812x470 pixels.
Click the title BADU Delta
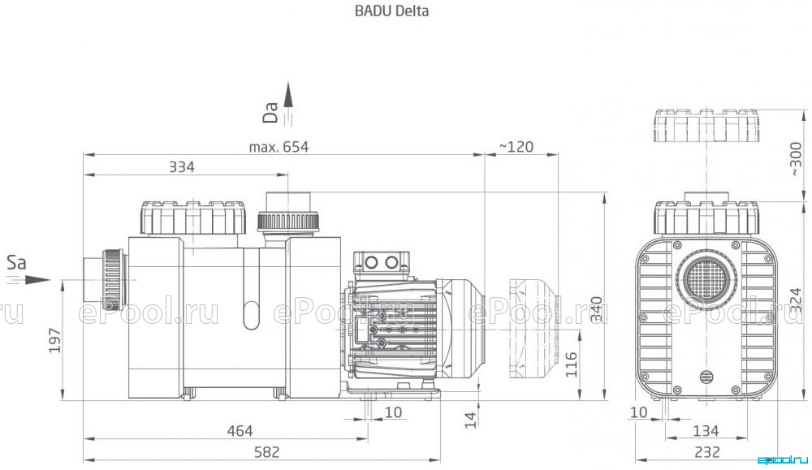click(x=391, y=11)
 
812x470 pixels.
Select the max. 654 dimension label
click(x=279, y=147)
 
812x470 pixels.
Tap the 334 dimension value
click(x=182, y=167)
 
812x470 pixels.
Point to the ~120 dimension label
click(x=516, y=147)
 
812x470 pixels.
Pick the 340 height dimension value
click(x=597, y=309)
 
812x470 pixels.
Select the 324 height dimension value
click(x=797, y=300)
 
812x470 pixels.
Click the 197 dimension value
click(x=55, y=341)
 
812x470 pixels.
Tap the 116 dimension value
click(x=571, y=364)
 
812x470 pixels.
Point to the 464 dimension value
click(x=240, y=431)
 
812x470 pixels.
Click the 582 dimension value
click(x=266, y=452)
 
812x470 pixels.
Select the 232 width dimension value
click(x=707, y=452)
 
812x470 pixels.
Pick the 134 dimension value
click(x=706, y=431)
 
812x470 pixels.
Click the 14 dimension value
click(x=470, y=420)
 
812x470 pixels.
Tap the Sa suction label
click(x=16, y=262)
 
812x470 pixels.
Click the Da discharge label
click(x=270, y=112)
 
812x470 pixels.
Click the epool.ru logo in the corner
click(x=782, y=460)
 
